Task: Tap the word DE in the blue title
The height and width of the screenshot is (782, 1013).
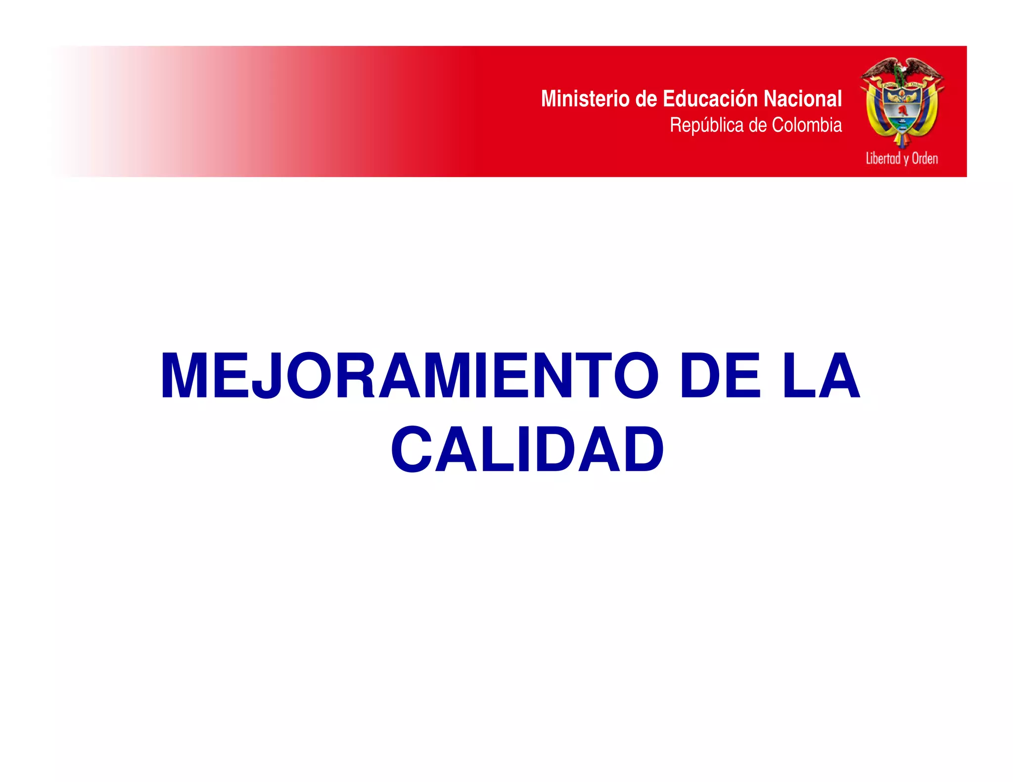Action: [x=720, y=375]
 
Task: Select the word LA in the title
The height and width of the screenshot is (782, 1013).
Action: [x=821, y=375]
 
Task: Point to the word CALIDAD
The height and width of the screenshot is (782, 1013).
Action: [x=527, y=449]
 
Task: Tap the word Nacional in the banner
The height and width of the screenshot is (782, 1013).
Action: [x=802, y=98]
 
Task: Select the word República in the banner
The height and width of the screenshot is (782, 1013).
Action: [x=707, y=125]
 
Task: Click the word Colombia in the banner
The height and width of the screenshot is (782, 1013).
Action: [x=807, y=125]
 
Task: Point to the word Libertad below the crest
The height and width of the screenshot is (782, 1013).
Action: [x=883, y=159]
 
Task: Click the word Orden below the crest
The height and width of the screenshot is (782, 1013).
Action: [x=924, y=159]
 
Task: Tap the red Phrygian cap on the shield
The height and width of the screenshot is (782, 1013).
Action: [x=903, y=111]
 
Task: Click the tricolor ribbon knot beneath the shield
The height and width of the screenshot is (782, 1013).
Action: [x=902, y=139]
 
